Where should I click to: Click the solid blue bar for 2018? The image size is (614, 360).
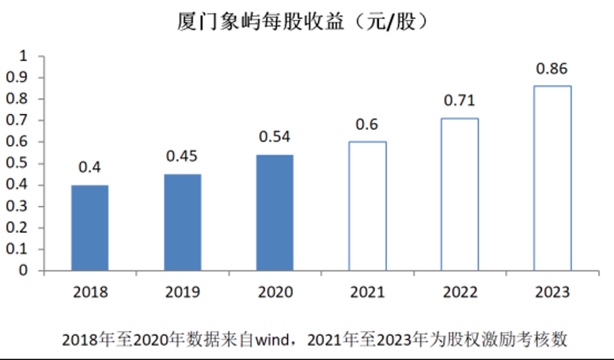90,228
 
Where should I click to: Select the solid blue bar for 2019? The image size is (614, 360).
183,223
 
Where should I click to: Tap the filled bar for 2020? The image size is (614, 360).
275,213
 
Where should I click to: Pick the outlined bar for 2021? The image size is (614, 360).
349,206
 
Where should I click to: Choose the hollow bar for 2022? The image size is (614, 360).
442,194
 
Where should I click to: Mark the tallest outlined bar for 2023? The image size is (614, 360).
534,178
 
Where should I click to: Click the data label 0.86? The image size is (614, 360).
552,69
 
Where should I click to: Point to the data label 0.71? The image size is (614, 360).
459,100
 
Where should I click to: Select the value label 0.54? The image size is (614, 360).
274,137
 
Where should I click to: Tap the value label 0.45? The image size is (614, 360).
182,156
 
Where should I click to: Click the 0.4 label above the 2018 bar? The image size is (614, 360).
90,167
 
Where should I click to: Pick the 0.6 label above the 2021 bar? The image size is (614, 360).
367,124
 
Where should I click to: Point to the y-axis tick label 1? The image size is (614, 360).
23,56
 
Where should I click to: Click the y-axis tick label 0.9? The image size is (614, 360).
17,77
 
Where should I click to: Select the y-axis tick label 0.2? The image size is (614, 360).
17,228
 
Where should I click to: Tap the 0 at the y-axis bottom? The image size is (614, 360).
23,270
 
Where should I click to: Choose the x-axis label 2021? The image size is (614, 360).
367,292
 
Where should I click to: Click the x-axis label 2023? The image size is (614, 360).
552,292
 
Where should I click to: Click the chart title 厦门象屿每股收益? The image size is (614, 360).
261,22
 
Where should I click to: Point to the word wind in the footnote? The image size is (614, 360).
272,340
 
